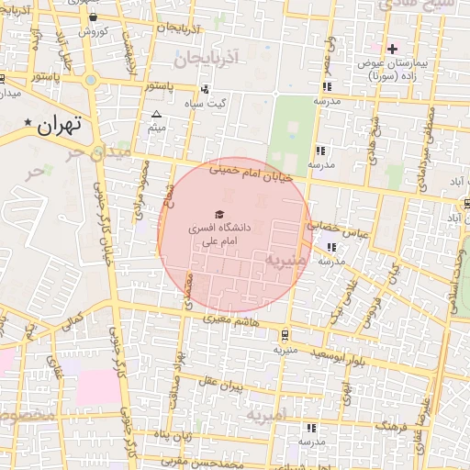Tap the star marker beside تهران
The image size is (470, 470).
[29, 123]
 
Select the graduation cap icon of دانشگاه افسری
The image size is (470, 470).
[218, 213]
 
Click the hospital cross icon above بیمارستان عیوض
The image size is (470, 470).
[392, 49]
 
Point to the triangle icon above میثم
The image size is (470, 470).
[156, 115]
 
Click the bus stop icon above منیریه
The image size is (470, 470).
[285, 335]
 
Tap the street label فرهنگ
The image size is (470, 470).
[397, 427]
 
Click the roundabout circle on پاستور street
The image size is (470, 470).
[90, 80]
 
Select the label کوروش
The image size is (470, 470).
[93, 30]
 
